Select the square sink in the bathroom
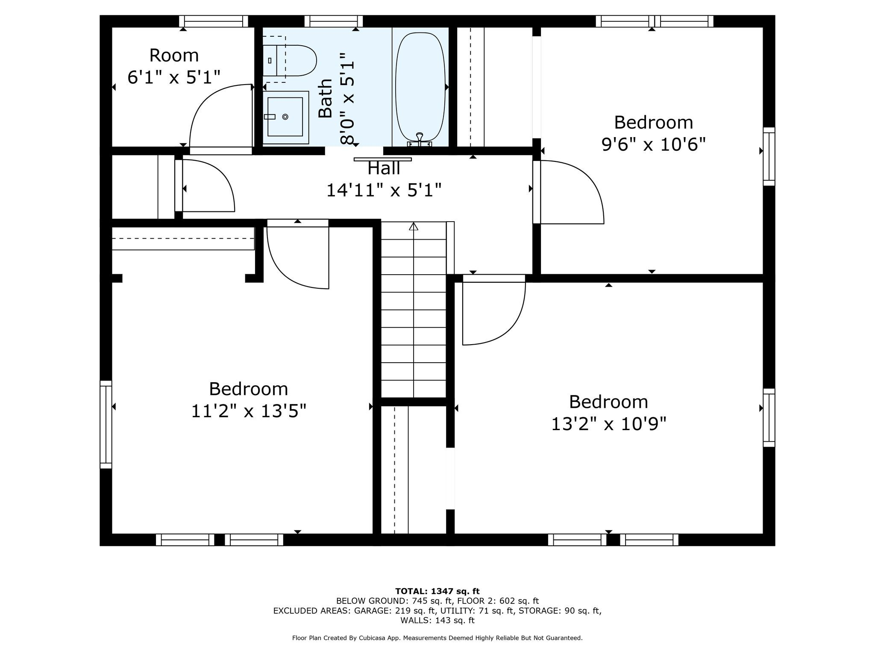[x=285, y=117]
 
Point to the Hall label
[x=384, y=168]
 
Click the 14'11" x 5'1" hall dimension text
[x=384, y=190]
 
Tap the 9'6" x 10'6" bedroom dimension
[x=653, y=144]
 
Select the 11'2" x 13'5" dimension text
[x=248, y=411]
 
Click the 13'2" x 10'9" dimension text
[x=608, y=424]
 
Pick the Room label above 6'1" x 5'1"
[x=174, y=56]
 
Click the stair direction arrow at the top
[x=413, y=226]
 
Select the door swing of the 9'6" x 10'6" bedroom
[x=568, y=192]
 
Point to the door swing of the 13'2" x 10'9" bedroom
[x=494, y=310]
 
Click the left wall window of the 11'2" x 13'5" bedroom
[x=106, y=425]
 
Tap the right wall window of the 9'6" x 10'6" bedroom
[x=769, y=156]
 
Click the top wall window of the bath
[x=334, y=21]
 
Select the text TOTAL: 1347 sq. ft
[x=437, y=592]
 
